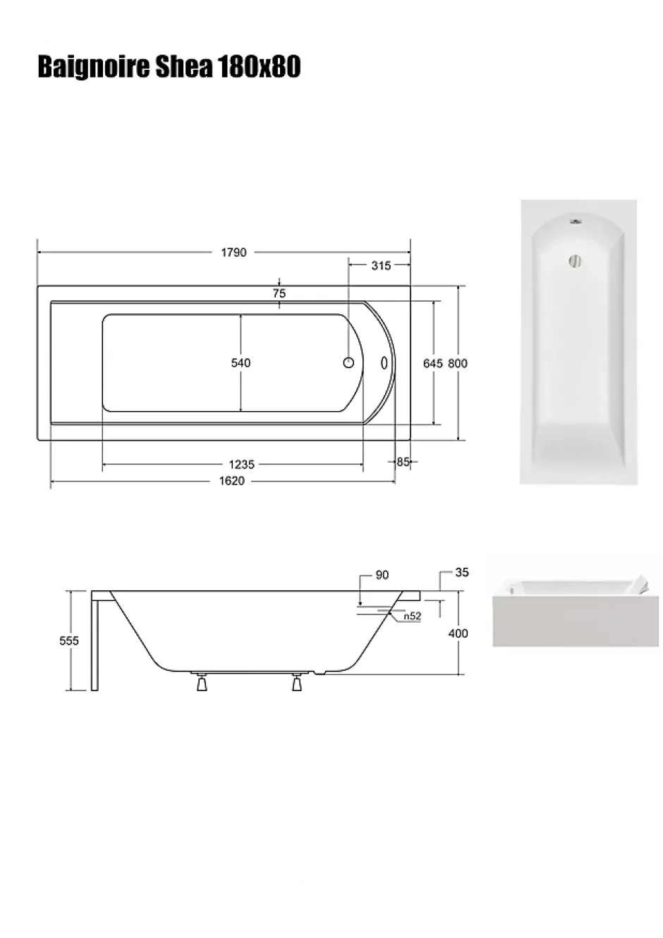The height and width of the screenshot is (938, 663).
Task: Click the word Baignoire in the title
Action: click(x=94, y=68)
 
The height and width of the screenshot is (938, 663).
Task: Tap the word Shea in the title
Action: click(x=184, y=67)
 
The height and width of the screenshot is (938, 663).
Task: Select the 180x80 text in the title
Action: click(x=259, y=67)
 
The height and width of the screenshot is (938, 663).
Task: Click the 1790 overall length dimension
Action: click(x=233, y=252)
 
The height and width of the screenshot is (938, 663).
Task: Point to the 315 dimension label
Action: click(x=381, y=265)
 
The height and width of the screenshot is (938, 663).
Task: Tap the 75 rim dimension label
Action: click(x=279, y=293)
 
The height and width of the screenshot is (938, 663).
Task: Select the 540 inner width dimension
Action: click(x=241, y=363)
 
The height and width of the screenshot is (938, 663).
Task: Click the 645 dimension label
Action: click(x=432, y=363)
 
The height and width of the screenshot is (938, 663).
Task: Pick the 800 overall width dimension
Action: click(x=458, y=363)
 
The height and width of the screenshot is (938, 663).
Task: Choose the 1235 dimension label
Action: click(x=242, y=464)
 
